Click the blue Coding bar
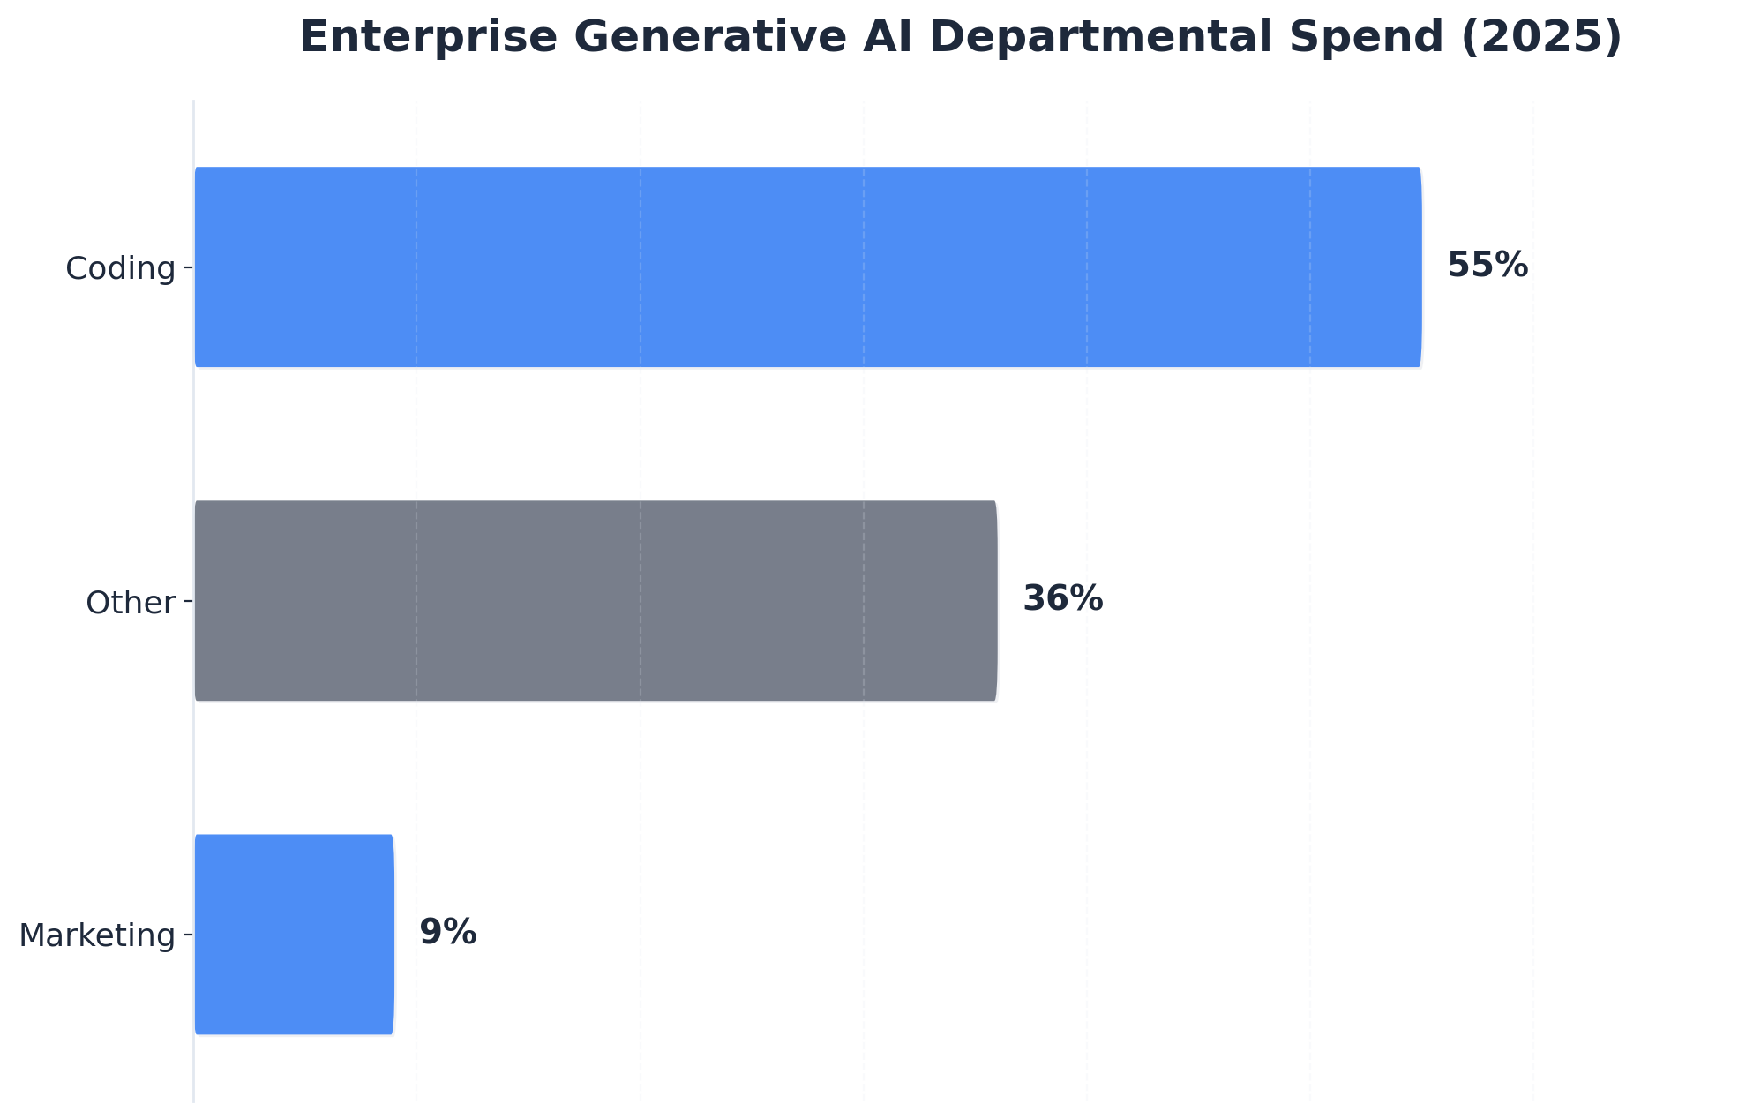[x=807, y=267]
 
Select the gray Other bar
[x=596, y=601]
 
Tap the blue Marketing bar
[x=294, y=935]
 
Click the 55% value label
[x=1487, y=266]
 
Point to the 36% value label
[x=1062, y=599]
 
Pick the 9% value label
[x=447, y=933]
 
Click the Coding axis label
[x=121, y=268]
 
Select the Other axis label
[x=131, y=603]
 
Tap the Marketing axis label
[x=97, y=935]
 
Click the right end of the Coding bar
[x=1420, y=267]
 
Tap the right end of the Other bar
[x=995, y=601]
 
